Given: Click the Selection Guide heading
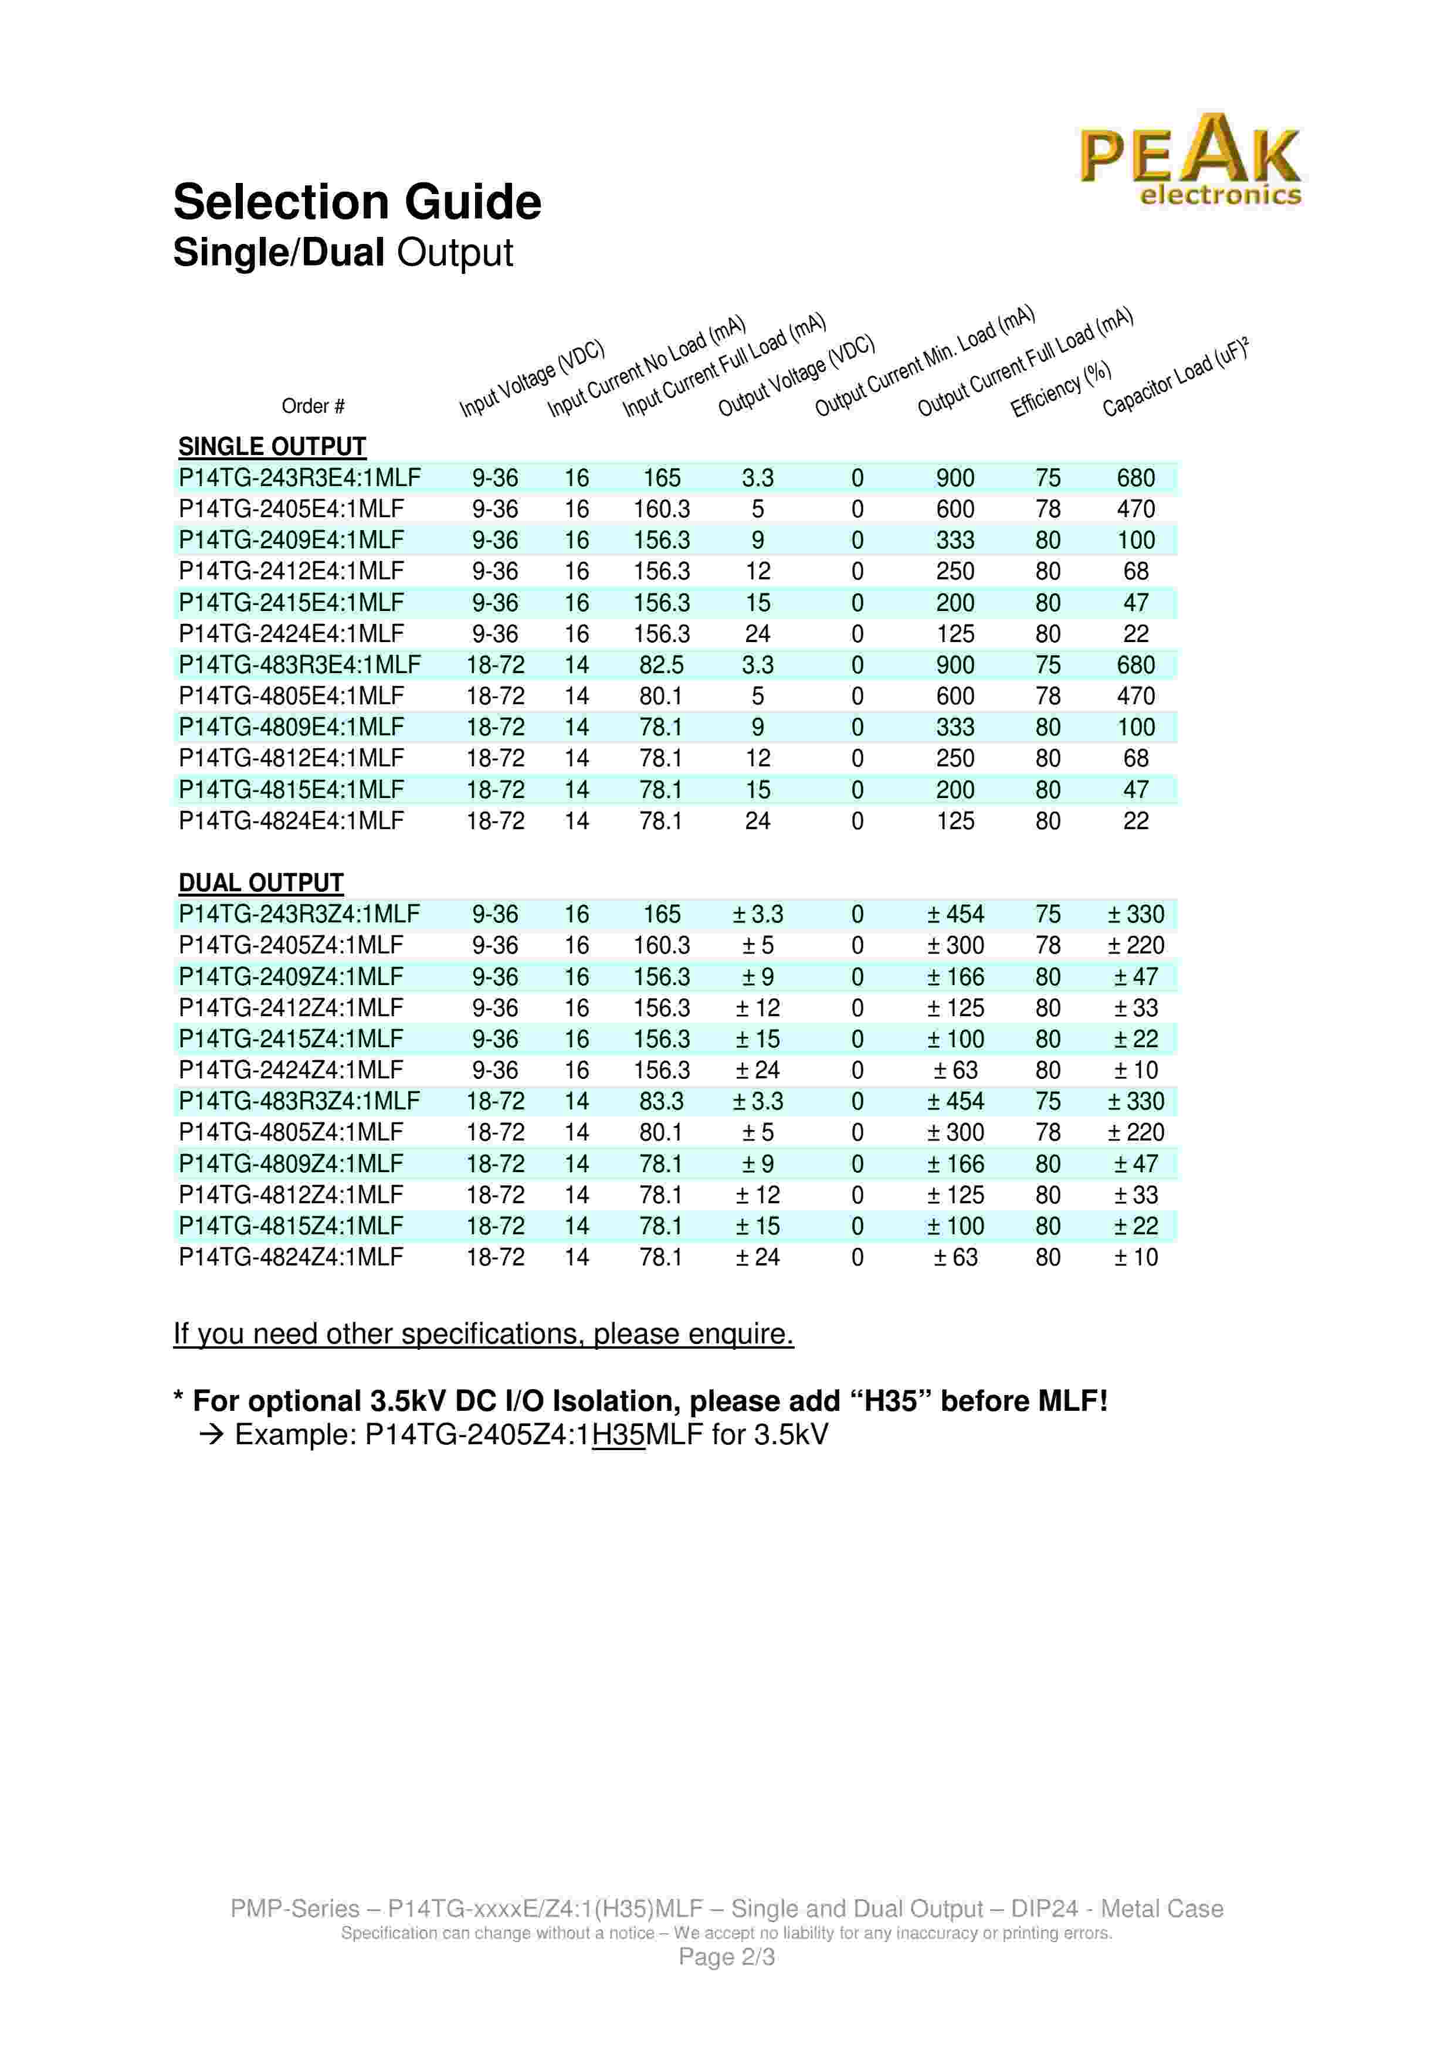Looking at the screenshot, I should click(357, 202).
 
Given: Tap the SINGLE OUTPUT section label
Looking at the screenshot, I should click(272, 446).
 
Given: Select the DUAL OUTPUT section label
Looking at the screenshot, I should click(260, 882).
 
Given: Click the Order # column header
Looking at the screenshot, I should click(313, 406).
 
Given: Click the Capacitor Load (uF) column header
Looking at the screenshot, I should click(1174, 377).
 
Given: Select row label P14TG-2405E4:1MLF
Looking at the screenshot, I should click(291, 509).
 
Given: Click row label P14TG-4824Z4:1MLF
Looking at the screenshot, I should click(291, 1257).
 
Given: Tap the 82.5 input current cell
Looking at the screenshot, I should click(661, 665).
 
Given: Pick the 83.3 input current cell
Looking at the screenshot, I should click(661, 1101).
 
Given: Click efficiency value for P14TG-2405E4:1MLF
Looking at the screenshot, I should click(1048, 509).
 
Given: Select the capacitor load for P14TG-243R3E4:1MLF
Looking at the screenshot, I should click(1135, 477).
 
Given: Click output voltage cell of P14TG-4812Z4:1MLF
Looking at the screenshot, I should click(757, 1195).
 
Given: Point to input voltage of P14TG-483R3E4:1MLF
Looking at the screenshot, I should click(496, 665).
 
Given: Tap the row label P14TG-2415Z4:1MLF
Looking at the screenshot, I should click(291, 1039).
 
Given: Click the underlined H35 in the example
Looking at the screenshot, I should click(618, 1434).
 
